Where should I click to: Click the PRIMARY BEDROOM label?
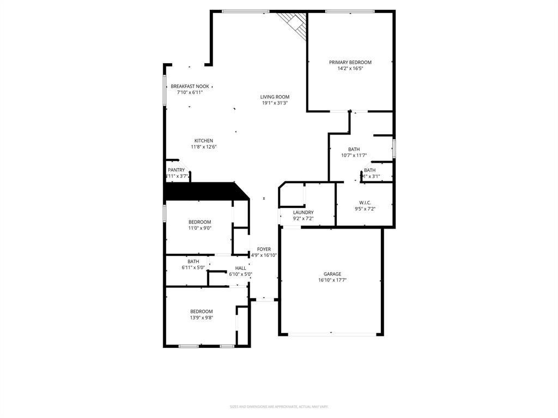(x=350, y=63)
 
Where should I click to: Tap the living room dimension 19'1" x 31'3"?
(x=275, y=103)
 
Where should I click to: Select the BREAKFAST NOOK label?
(x=190, y=87)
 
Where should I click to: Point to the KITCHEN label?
(x=204, y=141)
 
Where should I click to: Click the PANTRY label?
(x=176, y=170)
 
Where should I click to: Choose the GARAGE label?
(x=332, y=274)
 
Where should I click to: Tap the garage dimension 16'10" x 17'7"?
(x=332, y=280)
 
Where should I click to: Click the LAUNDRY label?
(x=303, y=212)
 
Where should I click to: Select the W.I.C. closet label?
(x=365, y=202)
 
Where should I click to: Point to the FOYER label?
(x=264, y=249)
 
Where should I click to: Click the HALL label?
(x=240, y=268)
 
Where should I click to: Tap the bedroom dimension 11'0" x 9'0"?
(x=200, y=228)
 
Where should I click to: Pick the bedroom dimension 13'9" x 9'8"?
(x=201, y=317)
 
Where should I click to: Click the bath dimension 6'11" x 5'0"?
(x=193, y=267)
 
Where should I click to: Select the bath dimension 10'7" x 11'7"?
(x=354, y=155)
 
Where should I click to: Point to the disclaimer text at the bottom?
(x=278, y=407)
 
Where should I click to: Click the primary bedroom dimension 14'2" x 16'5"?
(x=350, y=69)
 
